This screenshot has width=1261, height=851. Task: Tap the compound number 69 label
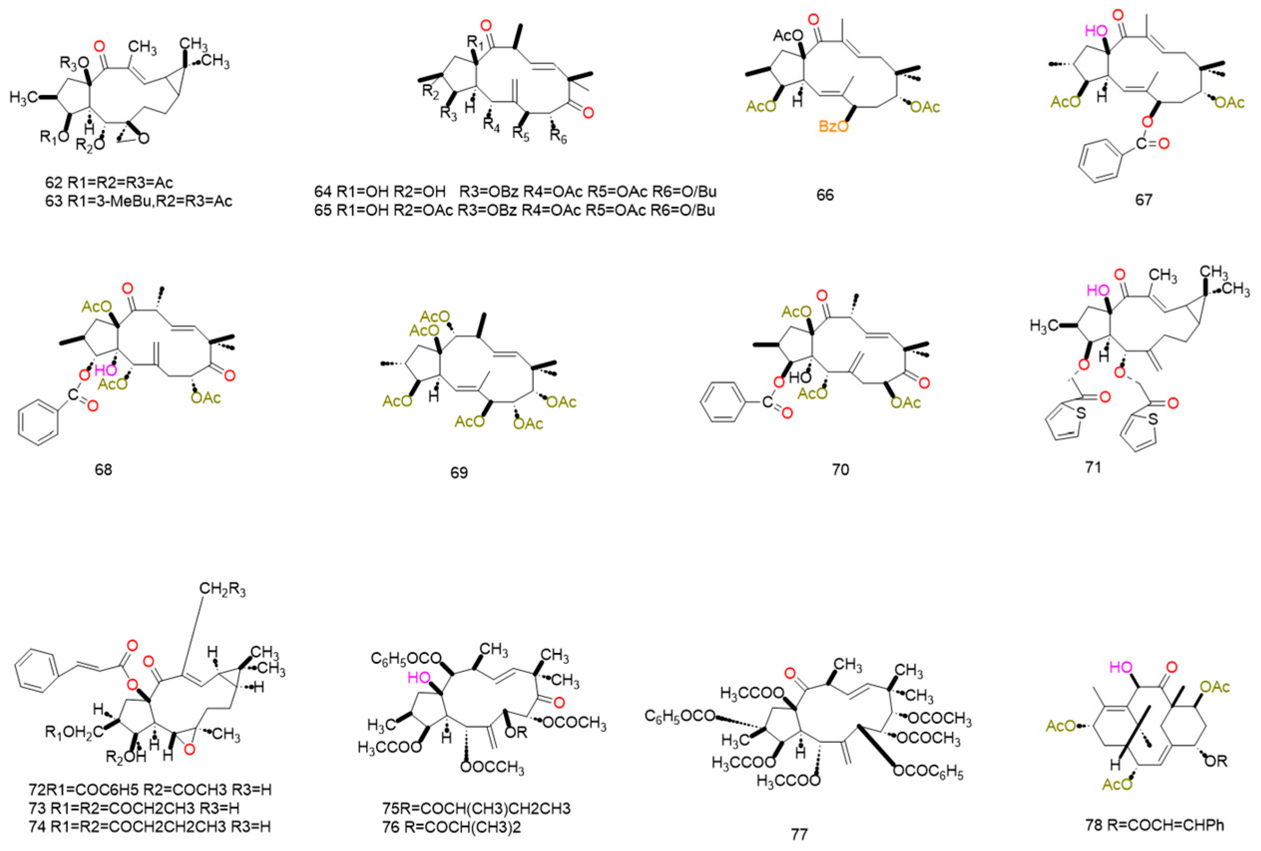click(458, 473)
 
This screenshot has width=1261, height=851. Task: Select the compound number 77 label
click(799, 834)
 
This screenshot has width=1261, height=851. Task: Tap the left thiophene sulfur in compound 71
click(1081, 413)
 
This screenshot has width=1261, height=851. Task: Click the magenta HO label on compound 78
click(1121, 667)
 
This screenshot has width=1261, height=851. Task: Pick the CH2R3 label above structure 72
click(222, 590)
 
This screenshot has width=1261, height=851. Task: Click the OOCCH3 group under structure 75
click(492, 768)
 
